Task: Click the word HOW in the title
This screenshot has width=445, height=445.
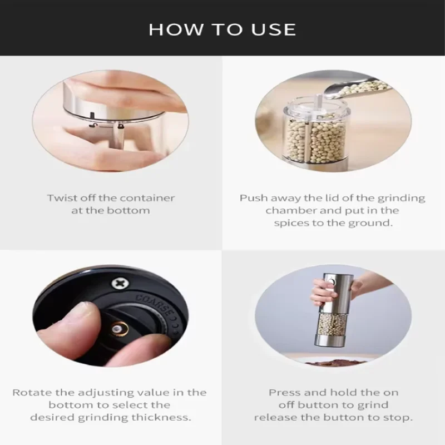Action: pyautogui.click(x=176, y=29)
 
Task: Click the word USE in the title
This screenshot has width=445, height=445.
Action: pyautogui.click(x=274, y=29)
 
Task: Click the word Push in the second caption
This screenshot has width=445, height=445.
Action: pyautogui.click(x=254, y=198)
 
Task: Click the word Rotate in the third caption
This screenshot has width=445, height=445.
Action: pyautogui.click(x=32, y=393)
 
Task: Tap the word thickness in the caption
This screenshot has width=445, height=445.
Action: pyautogui.click(x=161, y=418)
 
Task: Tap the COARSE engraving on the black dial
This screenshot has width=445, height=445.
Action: pyautogui.click(x=154, y=305)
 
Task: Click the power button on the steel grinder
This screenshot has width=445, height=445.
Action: pyautogui.click(x=331, y=283)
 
